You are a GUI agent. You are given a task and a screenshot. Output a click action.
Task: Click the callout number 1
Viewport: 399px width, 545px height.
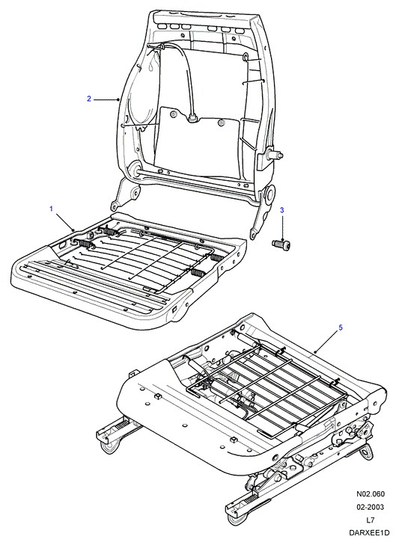[x=51, y=209]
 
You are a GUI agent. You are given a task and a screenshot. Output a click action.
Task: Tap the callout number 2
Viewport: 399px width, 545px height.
[x=89, y=99]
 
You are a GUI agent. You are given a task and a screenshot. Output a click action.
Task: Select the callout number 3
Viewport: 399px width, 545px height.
[x=282, y=210]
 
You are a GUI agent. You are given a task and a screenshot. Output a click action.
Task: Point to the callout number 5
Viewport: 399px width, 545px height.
[x=341, y=327]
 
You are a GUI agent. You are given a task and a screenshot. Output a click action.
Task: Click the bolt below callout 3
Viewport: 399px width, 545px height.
[x=281, y=244]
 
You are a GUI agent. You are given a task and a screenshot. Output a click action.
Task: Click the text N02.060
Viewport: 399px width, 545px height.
[x=370, y=494]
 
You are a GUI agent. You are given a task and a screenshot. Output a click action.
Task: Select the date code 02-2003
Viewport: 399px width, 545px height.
[x=370, y=507]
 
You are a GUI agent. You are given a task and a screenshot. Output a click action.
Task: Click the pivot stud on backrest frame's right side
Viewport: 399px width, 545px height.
[x=275, y=154]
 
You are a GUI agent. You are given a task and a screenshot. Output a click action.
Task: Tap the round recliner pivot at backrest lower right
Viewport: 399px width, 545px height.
[x=269, y=194]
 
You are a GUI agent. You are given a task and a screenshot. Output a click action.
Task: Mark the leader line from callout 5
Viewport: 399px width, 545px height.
[x=326, y=342]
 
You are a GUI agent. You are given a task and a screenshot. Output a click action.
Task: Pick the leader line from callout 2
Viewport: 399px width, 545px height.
[x=106, y=99]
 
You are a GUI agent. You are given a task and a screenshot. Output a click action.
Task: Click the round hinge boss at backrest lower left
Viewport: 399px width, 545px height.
[x=134, y=170]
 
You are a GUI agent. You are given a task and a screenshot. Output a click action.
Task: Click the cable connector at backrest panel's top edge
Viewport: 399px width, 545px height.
[x=192, y=119]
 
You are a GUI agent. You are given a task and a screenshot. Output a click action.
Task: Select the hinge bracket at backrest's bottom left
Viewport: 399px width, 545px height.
[x=124, y=195]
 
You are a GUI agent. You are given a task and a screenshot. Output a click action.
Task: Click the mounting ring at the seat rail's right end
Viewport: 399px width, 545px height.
[x=365, y=453]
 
